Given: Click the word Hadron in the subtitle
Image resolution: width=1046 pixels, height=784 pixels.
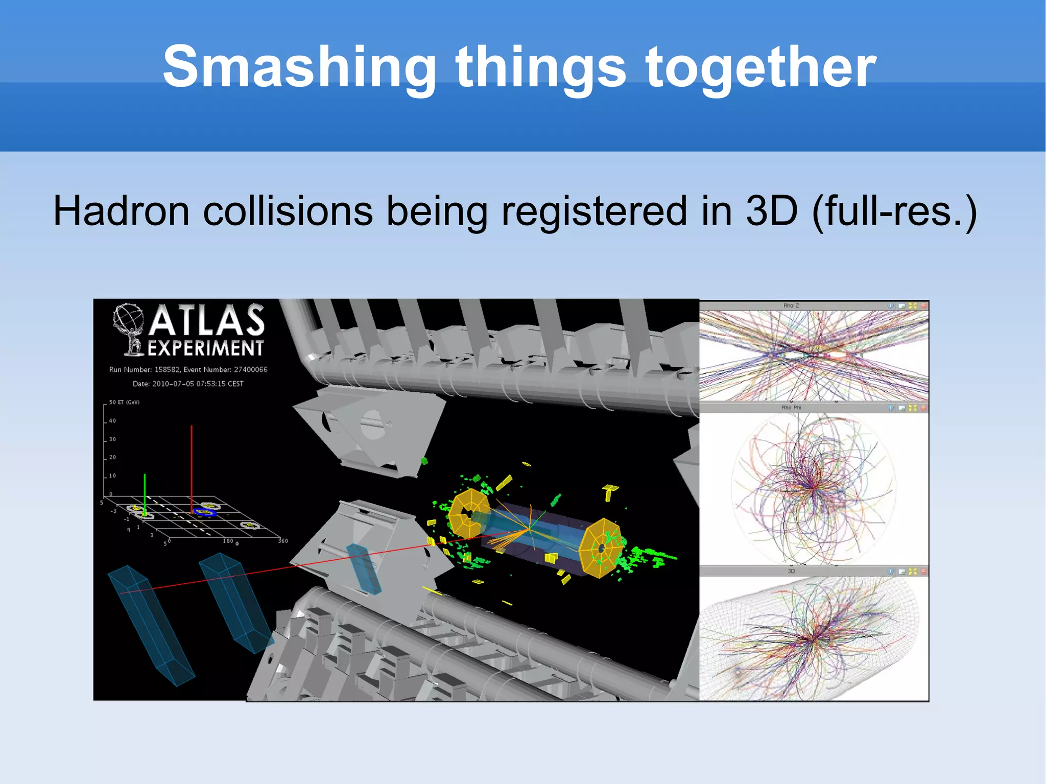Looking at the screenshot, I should tap(122, 210).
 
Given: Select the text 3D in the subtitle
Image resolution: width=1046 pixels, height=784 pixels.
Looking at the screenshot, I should tap(771, 210).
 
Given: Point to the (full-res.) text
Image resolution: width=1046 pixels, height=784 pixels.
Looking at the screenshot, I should tap(894, 210).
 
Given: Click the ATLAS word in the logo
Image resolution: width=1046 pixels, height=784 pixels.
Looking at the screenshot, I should tap(207, 321).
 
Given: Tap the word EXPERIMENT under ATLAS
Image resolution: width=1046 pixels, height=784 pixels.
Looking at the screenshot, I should tap(205, 348).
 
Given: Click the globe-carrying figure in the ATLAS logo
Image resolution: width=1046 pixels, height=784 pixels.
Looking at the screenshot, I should tap(130, 328).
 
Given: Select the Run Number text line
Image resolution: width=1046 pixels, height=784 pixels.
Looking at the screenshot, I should tap(188, 369).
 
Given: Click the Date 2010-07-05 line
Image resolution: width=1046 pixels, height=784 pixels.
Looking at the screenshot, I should tap(188, 384).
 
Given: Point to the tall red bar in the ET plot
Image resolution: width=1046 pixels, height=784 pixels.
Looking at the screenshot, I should tap(192, 467).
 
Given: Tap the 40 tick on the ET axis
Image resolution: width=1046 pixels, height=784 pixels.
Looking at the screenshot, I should tap(112, 421).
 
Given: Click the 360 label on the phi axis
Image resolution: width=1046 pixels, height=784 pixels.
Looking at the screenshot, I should tap(282, 541).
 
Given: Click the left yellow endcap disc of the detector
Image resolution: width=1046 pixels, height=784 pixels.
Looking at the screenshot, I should tap(469, 513).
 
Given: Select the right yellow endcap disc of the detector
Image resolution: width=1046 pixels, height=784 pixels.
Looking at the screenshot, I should tap(601, 548).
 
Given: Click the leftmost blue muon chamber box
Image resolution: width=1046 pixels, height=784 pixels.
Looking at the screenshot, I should tap(151, 626).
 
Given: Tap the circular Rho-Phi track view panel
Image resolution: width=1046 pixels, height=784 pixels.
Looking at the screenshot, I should tap(813, 488).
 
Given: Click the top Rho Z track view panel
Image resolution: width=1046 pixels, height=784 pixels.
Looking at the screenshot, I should tap(813, 355).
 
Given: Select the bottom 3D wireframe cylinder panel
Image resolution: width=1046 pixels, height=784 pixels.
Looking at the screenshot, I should tap(813, 638).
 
